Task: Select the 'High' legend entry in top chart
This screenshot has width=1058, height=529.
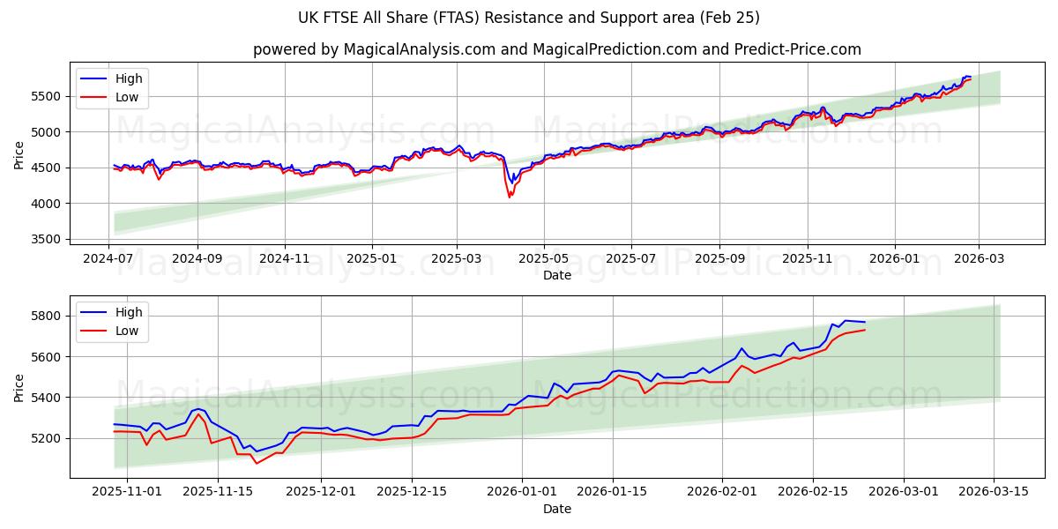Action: click(129, 78)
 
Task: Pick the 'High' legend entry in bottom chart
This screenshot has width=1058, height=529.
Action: click(129, 312)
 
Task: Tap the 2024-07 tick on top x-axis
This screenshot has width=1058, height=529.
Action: click(109, 257)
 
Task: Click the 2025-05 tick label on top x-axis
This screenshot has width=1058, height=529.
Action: click(544, 257)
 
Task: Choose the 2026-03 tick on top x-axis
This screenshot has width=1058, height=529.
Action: click(979, 257)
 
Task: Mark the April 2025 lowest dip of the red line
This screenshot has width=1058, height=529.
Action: click(510, 197)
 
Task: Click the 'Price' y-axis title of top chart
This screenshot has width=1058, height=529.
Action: click(19, 154)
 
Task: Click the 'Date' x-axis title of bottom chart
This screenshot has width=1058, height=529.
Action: click(556, 509)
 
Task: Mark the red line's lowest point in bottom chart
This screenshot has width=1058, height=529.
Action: click(257, 463)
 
